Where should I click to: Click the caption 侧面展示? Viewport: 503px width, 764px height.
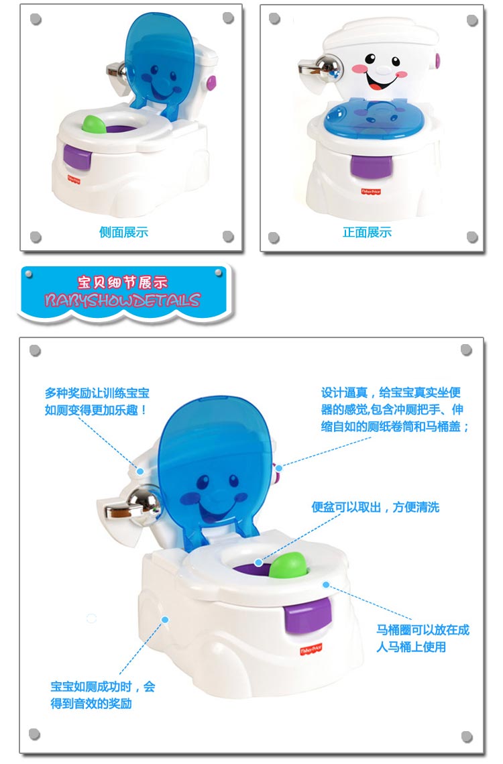click(123, 233)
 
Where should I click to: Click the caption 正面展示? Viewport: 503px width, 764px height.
click(367, 233)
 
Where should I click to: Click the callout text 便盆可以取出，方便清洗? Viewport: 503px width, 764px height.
click(375, 507)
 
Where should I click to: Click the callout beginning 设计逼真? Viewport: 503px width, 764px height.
click(395, 409)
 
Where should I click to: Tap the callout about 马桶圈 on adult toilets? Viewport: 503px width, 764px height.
click(423, 638)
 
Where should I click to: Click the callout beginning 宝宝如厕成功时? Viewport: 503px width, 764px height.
click(103, 695)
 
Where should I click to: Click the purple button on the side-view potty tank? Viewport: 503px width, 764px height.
click(211, 83)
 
